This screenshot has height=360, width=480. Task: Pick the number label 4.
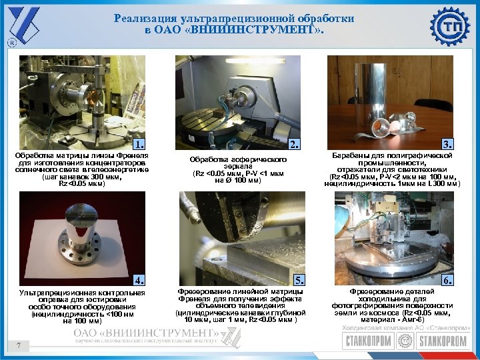[139, 279]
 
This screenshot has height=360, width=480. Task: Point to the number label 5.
[299, 279]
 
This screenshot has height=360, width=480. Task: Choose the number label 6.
[448, 279]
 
